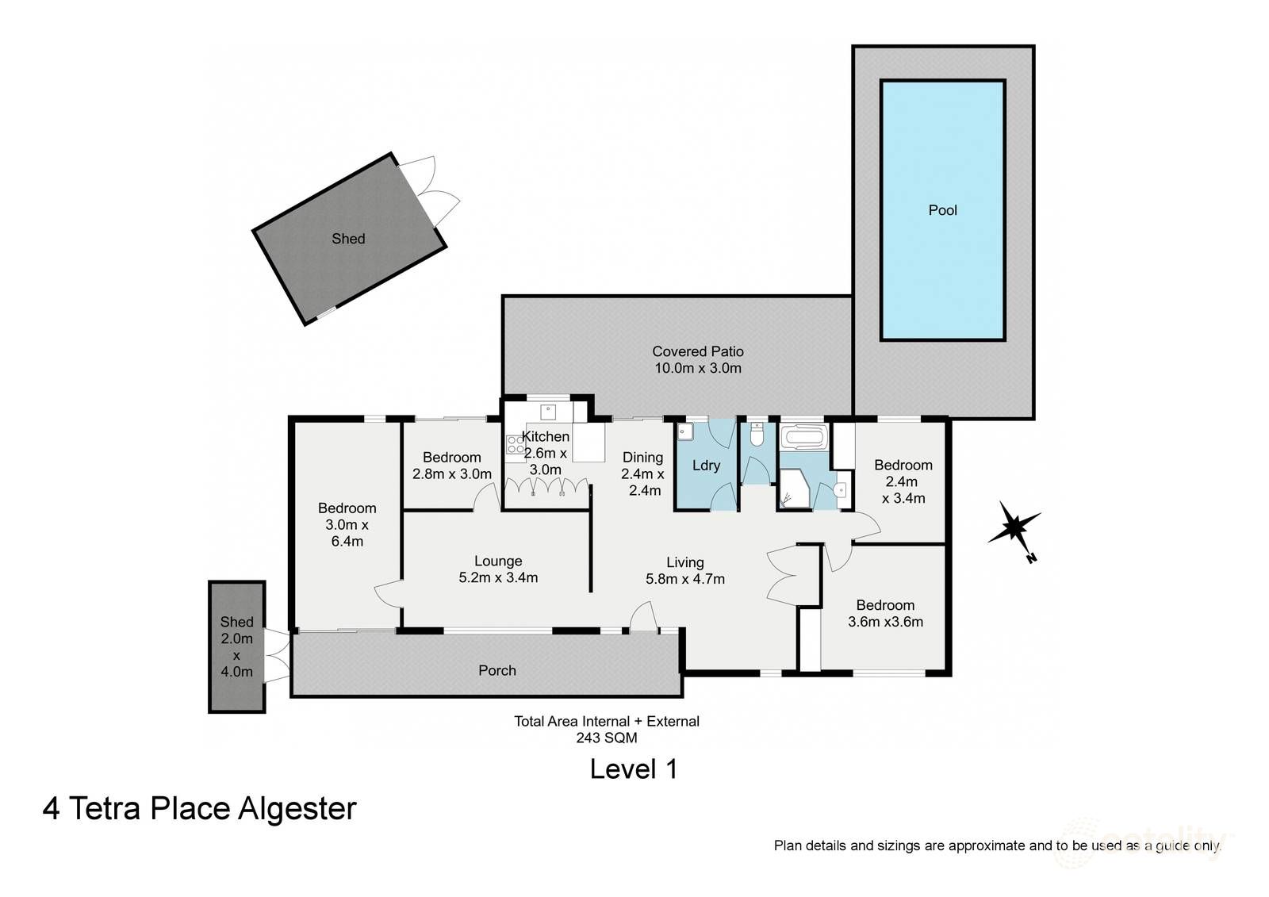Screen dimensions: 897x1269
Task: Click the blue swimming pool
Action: click(942, 210)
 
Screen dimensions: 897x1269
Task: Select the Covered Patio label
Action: click(698, 359)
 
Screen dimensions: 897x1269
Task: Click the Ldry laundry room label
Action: click(706, 466)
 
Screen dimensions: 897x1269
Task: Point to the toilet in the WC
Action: click(757, 435)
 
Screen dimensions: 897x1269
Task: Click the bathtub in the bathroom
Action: click(803, 437)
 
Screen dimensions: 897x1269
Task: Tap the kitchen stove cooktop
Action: click(515, 445)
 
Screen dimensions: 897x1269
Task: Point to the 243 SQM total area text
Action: click(607, 738)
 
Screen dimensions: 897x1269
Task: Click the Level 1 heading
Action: click(633, 769)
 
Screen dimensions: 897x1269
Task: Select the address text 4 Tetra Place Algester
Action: click(200, 808)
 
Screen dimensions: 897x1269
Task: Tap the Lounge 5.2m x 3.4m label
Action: click(498, 569)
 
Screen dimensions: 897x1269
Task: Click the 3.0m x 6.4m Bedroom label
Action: click(347, 524)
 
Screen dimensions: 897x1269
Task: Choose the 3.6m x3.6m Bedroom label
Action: click(885, 613)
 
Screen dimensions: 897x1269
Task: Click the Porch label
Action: click(497, 670)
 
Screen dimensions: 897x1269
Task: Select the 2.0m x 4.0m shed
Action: click(236, 646)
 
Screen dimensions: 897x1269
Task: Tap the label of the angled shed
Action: click(348, 239)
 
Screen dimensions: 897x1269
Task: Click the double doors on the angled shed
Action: click(431, 190)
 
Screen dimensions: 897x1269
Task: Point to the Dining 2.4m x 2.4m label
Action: click(643, 473)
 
